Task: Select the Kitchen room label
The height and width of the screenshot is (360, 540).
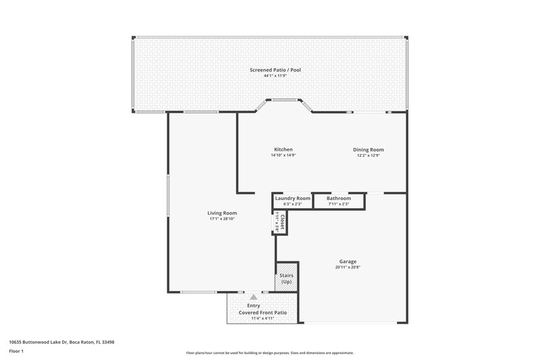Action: [x=283, y=149]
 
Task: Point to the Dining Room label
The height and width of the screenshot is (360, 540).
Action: [x=368, y=149]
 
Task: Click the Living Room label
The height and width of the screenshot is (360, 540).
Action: [x=221, y=213]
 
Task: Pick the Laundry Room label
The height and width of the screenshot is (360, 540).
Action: [x=292, y=198]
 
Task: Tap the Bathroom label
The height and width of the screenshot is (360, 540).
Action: [x=339, y=198]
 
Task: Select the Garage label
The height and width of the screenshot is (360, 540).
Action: [x=348, y=261]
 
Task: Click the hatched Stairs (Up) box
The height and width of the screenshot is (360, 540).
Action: [x=286, y=278]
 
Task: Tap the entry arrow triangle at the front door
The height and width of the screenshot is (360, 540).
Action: [x=253, y=297]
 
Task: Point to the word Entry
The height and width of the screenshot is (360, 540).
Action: [x=253, y=306]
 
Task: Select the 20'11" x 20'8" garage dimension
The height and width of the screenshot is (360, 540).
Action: [x=348, y=267]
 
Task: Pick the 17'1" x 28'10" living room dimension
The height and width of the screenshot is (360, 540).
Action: [x=221, y=219]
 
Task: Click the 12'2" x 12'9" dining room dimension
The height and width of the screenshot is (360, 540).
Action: [x=368, y=155]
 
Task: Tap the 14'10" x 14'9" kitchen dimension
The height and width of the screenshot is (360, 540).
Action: [x=283, y=155]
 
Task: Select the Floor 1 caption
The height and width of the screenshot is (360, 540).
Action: [x=16, y=352]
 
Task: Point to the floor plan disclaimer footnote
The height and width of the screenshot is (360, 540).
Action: [x=269, y=353]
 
